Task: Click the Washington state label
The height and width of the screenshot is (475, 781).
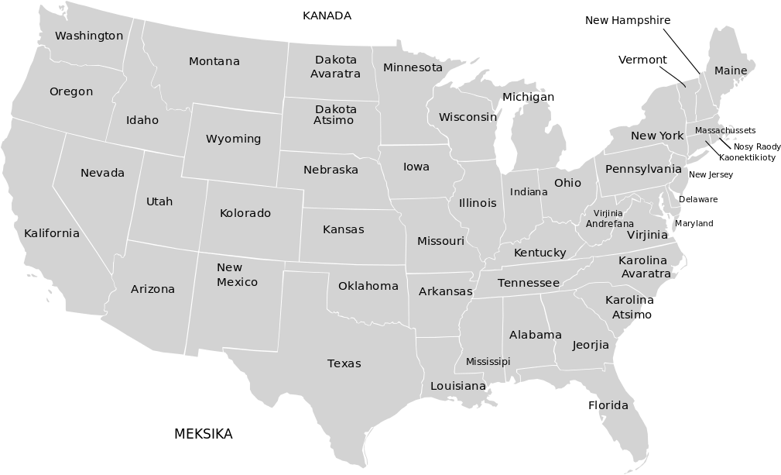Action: click(x=89, y=36)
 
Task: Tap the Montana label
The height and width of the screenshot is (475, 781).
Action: click(x=214, y=61)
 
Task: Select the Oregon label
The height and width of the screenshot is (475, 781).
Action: click(x=71, y=91)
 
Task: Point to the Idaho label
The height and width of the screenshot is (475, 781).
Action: click(x=142, y=120)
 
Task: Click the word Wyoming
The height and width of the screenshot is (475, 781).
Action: click(x=233, y=139)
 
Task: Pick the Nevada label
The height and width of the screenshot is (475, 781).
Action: click(x=102, y=173)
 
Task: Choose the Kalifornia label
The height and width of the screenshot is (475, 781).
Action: click(x=52, y=233)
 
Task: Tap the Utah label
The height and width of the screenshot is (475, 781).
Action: click(x=159, y=201)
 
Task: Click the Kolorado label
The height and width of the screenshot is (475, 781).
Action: click(x=245, y=213)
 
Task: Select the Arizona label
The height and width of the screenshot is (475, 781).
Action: click(x=152, y=289)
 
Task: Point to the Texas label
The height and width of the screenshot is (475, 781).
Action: click(x=344, y=363)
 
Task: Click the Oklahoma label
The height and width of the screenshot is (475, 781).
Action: click(x=368, y=286)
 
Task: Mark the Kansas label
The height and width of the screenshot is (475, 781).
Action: click(x=344, y=229)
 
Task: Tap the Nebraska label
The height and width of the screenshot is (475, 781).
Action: click(x=331, y=170)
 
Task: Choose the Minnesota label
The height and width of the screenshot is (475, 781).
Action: click(x=413, y=67)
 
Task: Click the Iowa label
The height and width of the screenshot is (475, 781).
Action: click(x=416, y=167)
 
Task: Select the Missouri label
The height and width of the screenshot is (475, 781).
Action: click(x=440, y=241)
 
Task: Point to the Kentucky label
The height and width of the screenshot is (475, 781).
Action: click(x=540, y=253)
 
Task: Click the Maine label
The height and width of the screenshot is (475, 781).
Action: click(x=731, y=71)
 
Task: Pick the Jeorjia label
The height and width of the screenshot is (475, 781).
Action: click(x=591, y=345)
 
